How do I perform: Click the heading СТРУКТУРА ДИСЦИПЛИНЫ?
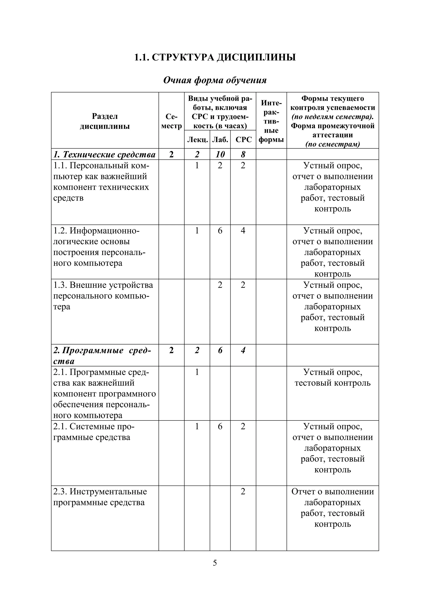click(x=215, y=57)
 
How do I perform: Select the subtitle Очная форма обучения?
click(x=215, y=80)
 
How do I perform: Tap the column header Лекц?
click(x=197, y=140)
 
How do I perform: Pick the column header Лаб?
click(x=220, y=140)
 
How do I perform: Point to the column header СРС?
click(x=243, y=140)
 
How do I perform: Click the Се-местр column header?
click(x=171, y=121)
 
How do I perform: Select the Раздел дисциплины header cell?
click(x=105, y=121)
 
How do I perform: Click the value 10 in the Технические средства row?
click(x=220, y=154)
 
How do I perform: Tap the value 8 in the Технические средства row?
click(x=243, y=154)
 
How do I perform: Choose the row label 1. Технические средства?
click(x=105, y=154)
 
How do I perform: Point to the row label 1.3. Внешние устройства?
click(x=103, y=285)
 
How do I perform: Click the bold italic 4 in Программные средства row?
click(x=243, y=350)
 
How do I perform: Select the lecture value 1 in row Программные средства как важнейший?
click(x=197, y=372)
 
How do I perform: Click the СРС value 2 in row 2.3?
click(x=243, y=491)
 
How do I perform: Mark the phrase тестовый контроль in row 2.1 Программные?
click(x=333, y=383)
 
